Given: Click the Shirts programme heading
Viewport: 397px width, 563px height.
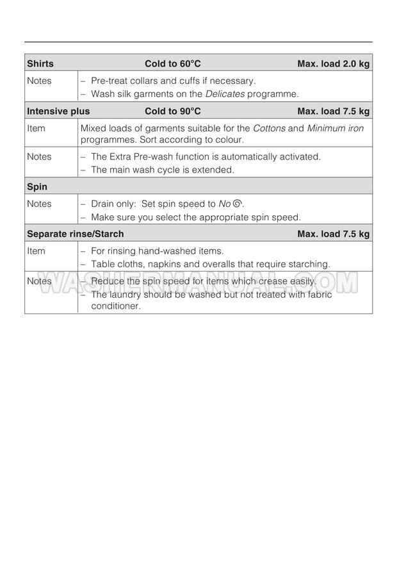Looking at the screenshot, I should click(x=40, y=63).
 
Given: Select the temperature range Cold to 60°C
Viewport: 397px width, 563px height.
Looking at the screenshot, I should click(x=173, y=63).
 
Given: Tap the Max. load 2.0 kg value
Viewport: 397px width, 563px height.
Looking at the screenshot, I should click(x=333, y=63).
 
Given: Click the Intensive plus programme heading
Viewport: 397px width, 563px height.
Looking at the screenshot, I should click(x=58, y=111).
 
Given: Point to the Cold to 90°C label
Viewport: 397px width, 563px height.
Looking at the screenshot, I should click(x=173, y=111).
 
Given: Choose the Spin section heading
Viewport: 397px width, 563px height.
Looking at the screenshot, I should click(x=37, y=187).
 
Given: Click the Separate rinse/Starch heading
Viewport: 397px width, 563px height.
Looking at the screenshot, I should click(x=76, y=234).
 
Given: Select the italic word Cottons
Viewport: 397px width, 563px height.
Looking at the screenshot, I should click(x=269, y=128).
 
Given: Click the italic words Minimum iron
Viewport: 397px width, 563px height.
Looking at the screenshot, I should click(x=336, y=128).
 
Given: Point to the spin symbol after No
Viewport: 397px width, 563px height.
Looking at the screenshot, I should click(x=238, y=204).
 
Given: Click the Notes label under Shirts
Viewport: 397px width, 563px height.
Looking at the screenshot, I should click(x=39, y=81).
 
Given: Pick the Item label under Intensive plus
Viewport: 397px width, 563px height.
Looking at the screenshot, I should click(x=36, y=128).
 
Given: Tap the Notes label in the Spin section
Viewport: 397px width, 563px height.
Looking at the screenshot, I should click(x=39, y=204).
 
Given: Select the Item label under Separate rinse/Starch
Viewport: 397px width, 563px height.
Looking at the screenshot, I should click(x=36, y=251).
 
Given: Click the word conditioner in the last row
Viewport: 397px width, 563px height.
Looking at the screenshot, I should click(x=115, y=306).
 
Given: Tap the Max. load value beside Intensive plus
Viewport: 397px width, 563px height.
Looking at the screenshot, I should click(x=333, y=111).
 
